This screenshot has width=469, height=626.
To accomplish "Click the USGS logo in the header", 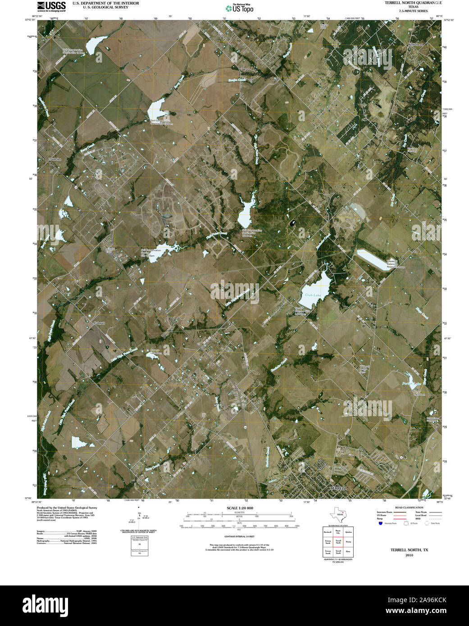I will (x=51, y=6).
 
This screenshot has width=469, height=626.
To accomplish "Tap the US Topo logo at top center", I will (x=239, y=8).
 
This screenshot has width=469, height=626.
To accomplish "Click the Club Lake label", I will (x=313, y=295).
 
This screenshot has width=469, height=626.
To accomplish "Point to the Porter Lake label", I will (x=411, y=384).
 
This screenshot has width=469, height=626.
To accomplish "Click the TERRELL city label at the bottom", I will (x=338, y=488).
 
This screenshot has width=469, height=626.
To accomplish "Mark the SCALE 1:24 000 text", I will (x=240, y=508).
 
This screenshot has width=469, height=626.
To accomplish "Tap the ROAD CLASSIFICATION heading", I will (x=409, y=508).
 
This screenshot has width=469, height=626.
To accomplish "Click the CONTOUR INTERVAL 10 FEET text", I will (x=240, y=536).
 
